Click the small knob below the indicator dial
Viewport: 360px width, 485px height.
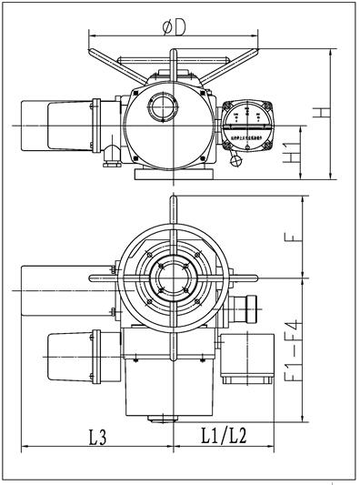click(x=238, y=162)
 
